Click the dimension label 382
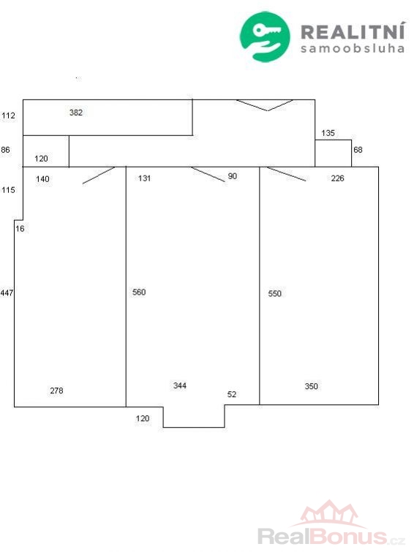(x=76, y=113)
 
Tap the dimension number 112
(x=8, y=116)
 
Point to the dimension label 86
(x=5, y=150)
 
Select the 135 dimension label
(x=328, y=133)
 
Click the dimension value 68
(x=358, y=150)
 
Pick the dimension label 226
(x=337, y=178)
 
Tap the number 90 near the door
(x=232, y=176)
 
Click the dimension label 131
(x=144, y=178)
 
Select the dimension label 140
(x=42, y=179)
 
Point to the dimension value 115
(x=8, y=190)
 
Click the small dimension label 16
(x=20, y=229)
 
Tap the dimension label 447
(x=7, y=292)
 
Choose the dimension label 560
(x=139, y=292)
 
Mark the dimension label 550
(x=274, y=293)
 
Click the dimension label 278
(x=56, y=390)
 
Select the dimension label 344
(x=179, y=385)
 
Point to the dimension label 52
(x=231, y=394)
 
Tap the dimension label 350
(x=311, y=386)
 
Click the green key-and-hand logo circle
(x=265, y=37)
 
